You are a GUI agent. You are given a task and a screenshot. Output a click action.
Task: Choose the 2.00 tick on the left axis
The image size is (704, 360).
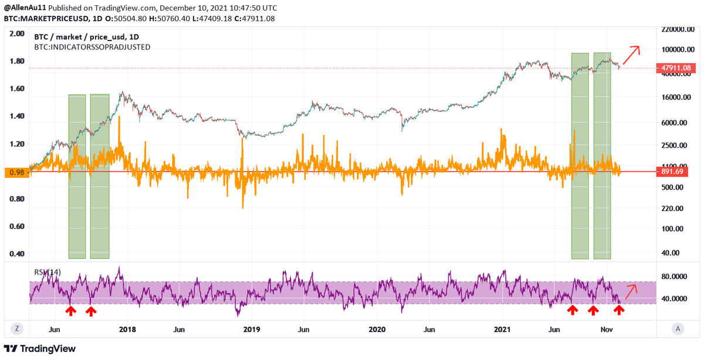[x=18, y=33]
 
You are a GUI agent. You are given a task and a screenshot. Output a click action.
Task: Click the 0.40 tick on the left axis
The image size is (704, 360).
[x=18, y=254]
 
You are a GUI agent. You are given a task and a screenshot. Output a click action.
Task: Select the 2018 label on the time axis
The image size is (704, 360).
[x=127, y=330]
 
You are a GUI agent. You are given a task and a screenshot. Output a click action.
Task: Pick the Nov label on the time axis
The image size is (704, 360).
[x=607, y=330]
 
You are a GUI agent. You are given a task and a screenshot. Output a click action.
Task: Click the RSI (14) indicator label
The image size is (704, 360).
[x=47, y=272]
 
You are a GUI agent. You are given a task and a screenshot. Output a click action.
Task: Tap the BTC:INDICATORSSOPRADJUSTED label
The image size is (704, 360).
[x=92, y=46]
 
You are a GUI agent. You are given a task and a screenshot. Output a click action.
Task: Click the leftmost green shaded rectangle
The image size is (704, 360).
[x=77, y=176]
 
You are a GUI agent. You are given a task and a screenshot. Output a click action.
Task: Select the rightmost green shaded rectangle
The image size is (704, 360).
[x=602, y=155]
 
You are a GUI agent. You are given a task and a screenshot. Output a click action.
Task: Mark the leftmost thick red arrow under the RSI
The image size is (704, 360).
[x=70, y=310]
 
